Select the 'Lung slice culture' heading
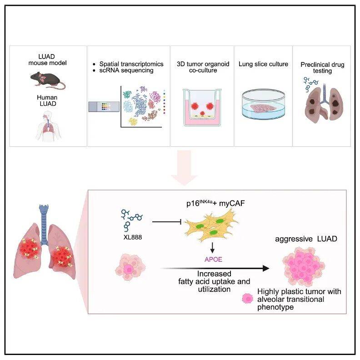point(263,64)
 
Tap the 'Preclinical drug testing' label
point(322,68)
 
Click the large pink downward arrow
point(185,172)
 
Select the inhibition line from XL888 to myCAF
point(167,222)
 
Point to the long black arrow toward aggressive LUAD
point(214,268)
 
